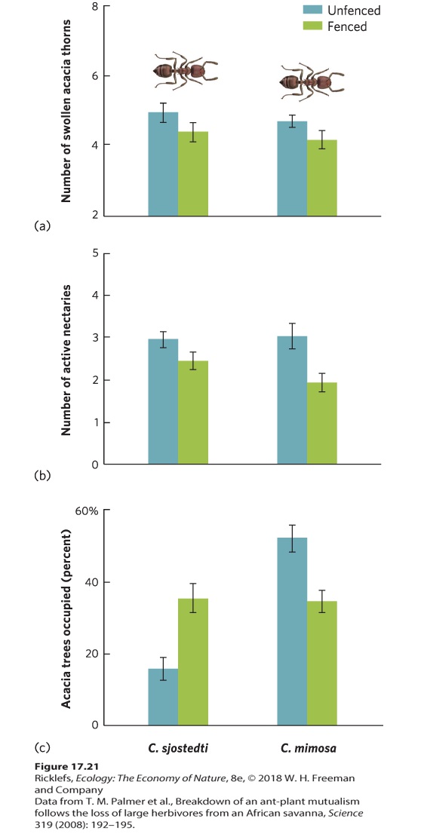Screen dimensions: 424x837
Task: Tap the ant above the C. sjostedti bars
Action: (x=179, y=70)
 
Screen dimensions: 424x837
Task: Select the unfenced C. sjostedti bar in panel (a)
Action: (x=163, y=164)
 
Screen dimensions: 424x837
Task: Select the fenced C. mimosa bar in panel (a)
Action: (x=322, y=178)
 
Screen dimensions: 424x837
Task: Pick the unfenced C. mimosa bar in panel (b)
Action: (x=292, y=400)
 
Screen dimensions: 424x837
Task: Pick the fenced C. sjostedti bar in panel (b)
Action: (x=193, y=412)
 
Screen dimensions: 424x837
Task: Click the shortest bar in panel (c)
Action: (x=163, y=697)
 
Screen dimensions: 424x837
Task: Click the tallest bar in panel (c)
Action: (x=292, y=631)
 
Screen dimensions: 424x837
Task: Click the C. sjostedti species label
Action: (x=178, y=748)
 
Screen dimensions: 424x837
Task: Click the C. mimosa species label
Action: (x=309, y=748)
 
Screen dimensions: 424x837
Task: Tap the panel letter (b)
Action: (x=41, y=475)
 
